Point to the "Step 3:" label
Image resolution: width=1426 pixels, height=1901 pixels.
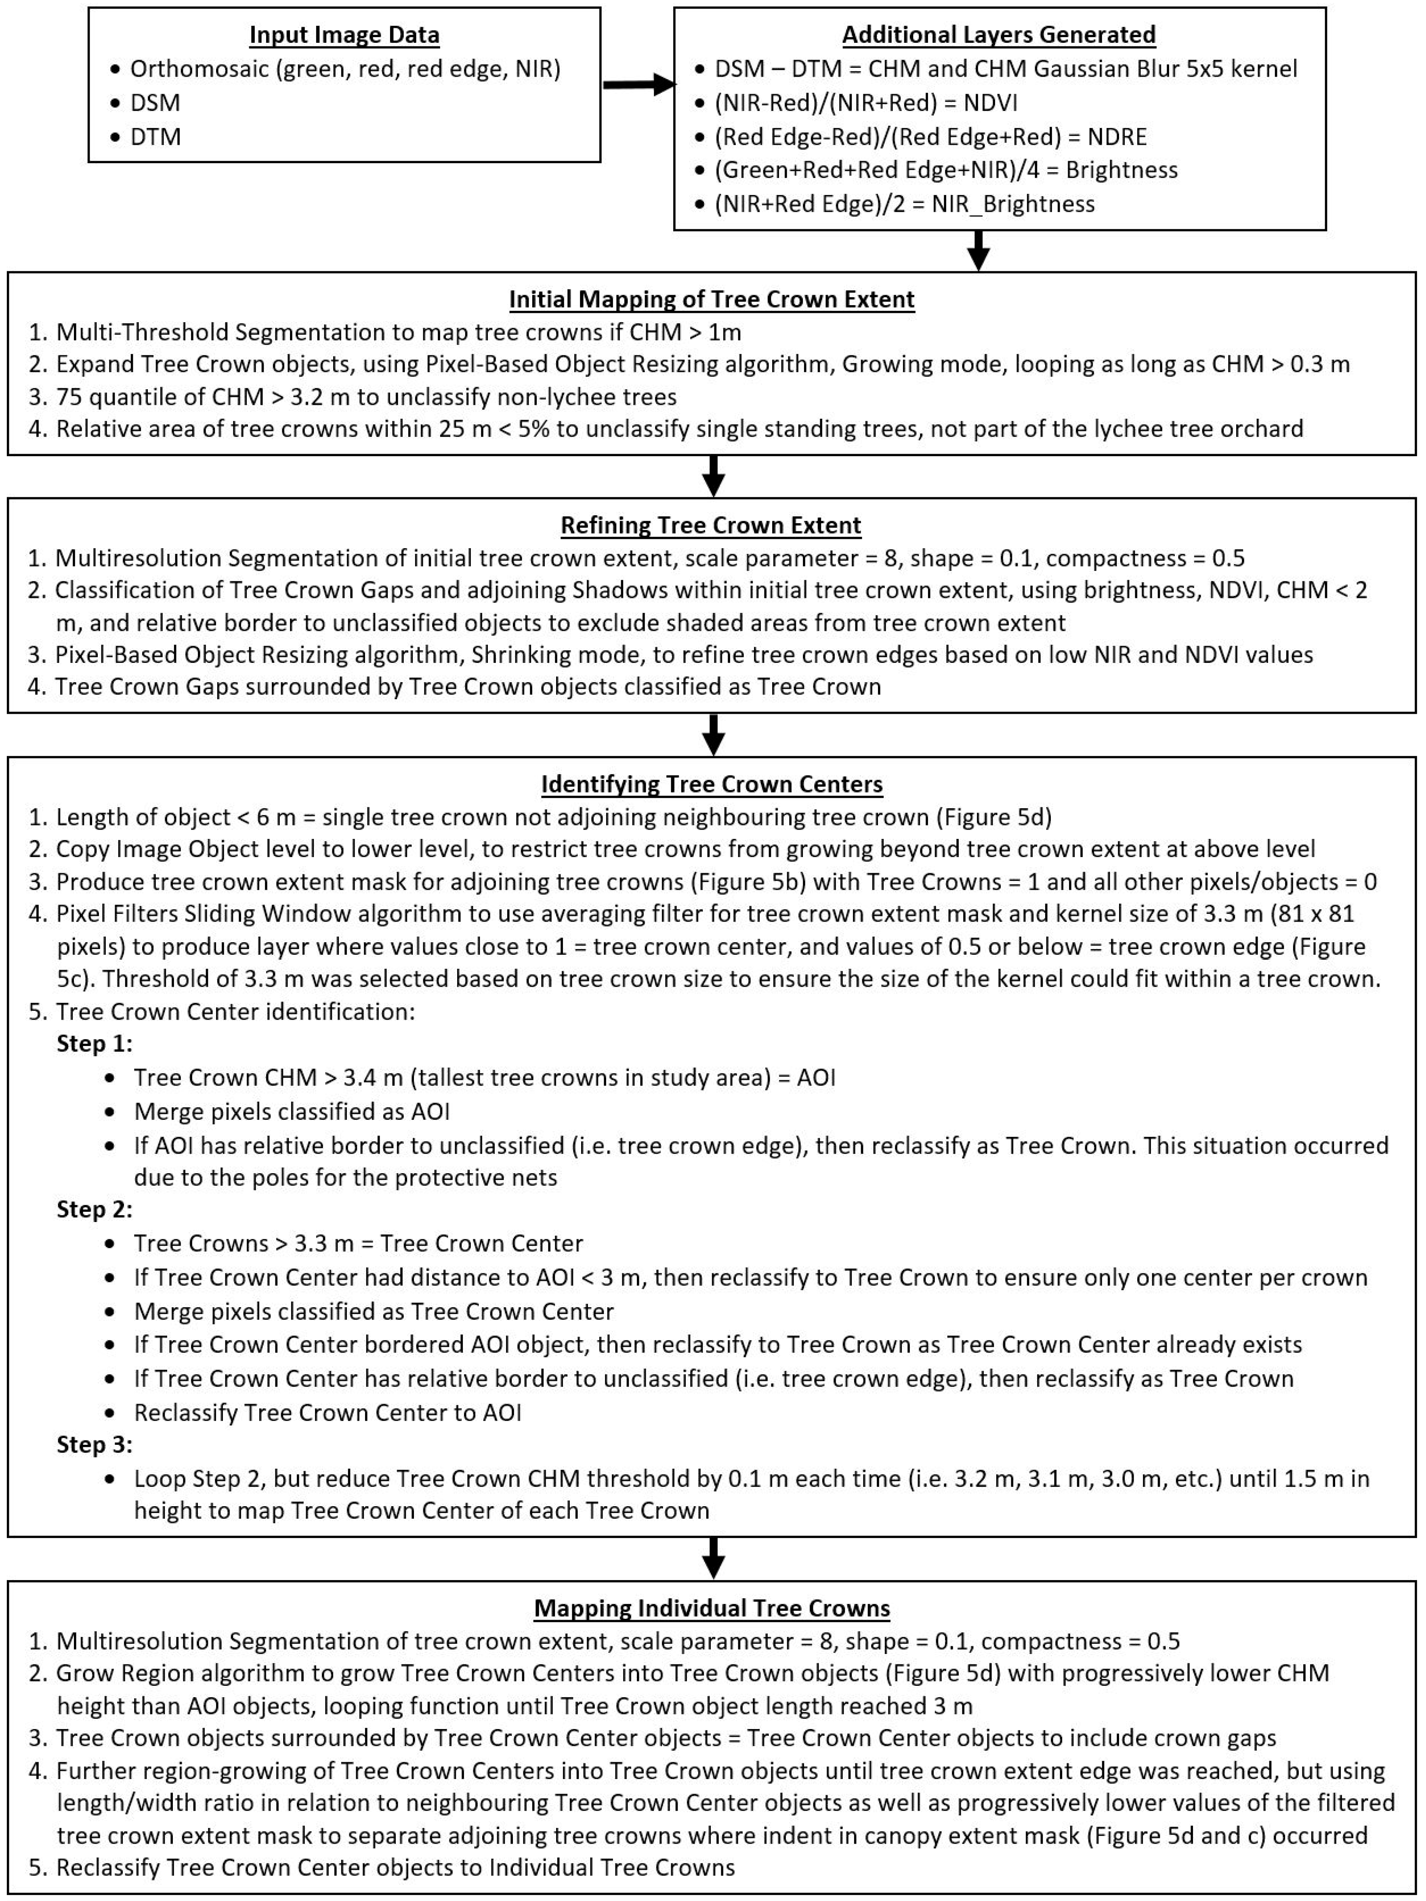95,1445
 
